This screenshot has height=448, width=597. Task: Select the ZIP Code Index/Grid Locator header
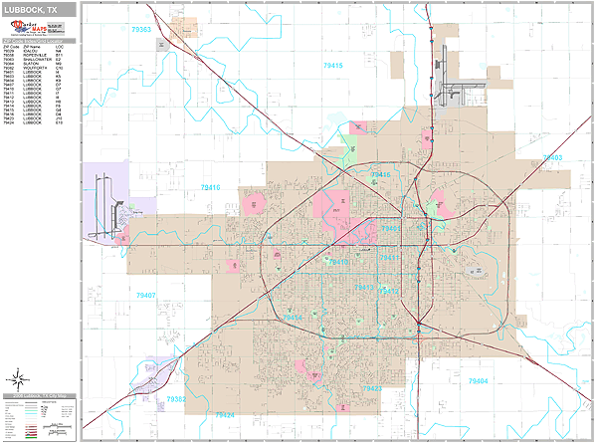(40, 42)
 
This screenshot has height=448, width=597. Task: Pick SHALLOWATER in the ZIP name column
(39, 59)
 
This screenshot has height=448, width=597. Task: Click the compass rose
(18, 378)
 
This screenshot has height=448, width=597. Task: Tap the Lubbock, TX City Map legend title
(40, 396)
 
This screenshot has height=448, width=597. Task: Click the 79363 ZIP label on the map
(140, 30)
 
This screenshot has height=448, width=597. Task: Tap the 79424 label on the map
(224, 414)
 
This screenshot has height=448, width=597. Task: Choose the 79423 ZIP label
(371, 388)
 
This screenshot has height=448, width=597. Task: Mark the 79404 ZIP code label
(479, 381)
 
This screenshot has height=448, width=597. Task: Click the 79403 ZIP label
(552, 157)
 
